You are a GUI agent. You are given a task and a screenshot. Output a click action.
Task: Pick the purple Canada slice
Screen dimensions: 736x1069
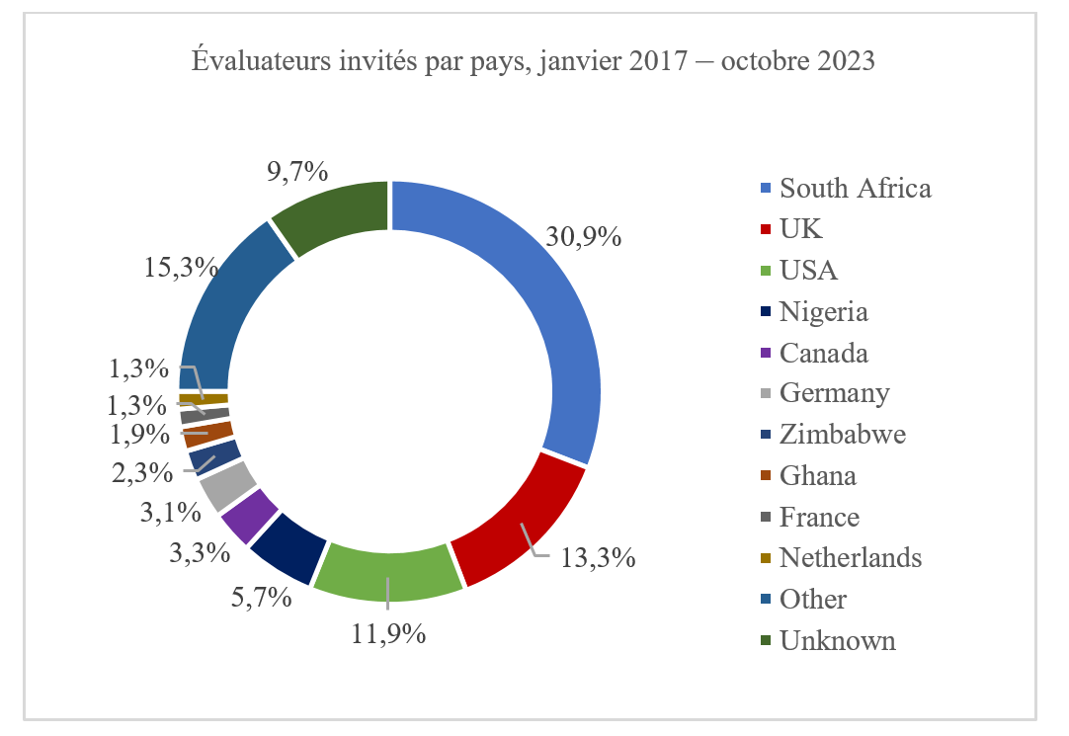pos(248,512)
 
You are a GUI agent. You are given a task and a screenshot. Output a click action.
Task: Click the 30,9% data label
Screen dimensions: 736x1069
pos(583,237)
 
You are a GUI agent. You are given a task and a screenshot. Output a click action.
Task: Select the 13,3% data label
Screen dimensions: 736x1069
pos(597,558)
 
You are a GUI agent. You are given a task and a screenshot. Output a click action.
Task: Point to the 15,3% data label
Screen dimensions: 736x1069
pos(181,267)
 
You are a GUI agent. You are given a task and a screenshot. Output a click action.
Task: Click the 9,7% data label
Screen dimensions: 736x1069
pos(296,172)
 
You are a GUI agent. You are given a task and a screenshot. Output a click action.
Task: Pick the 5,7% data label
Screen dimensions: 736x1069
pos(257,597)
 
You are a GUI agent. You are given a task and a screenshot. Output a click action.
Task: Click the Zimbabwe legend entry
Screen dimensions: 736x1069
pos(842,435)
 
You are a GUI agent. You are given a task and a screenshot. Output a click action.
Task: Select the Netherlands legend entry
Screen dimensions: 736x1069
pos(850,558)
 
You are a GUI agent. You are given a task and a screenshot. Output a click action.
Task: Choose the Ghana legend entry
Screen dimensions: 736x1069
pos(817,476)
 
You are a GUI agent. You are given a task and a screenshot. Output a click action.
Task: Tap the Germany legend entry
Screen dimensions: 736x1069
pos(834,393)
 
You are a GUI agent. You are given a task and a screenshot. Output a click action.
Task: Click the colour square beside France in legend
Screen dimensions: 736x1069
pos(766,518)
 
